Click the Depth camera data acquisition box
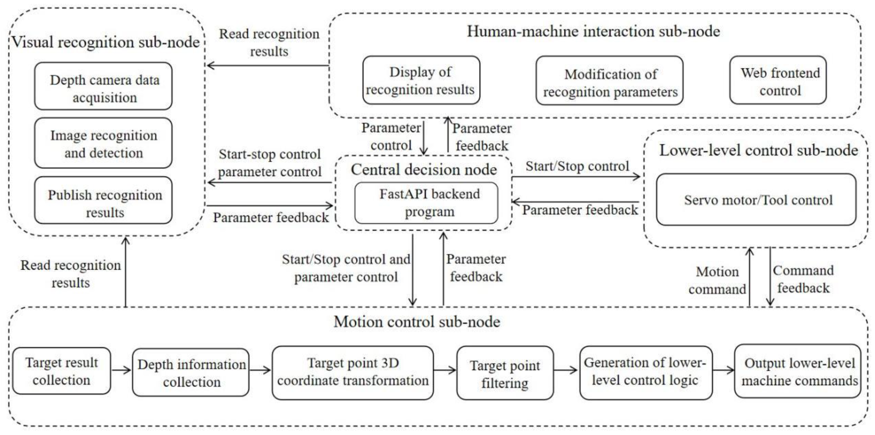click(x=103, y=86)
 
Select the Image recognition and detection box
click(x=103, y=143)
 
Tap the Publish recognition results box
click(x=103, y=200)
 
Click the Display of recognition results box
click(x=421, y=81)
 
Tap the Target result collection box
click(x=62, y=371)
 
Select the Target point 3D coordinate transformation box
click(x=353, y=373)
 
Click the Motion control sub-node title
click(x=417, y=321)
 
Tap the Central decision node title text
click(x=424, y=169)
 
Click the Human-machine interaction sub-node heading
click(x=593, y=31)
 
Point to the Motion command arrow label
click(x=717, y=280)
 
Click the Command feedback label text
click(x=804, y=279)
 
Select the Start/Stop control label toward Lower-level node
click(x=577, y=166)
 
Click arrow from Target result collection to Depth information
click(x=122, y=370)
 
